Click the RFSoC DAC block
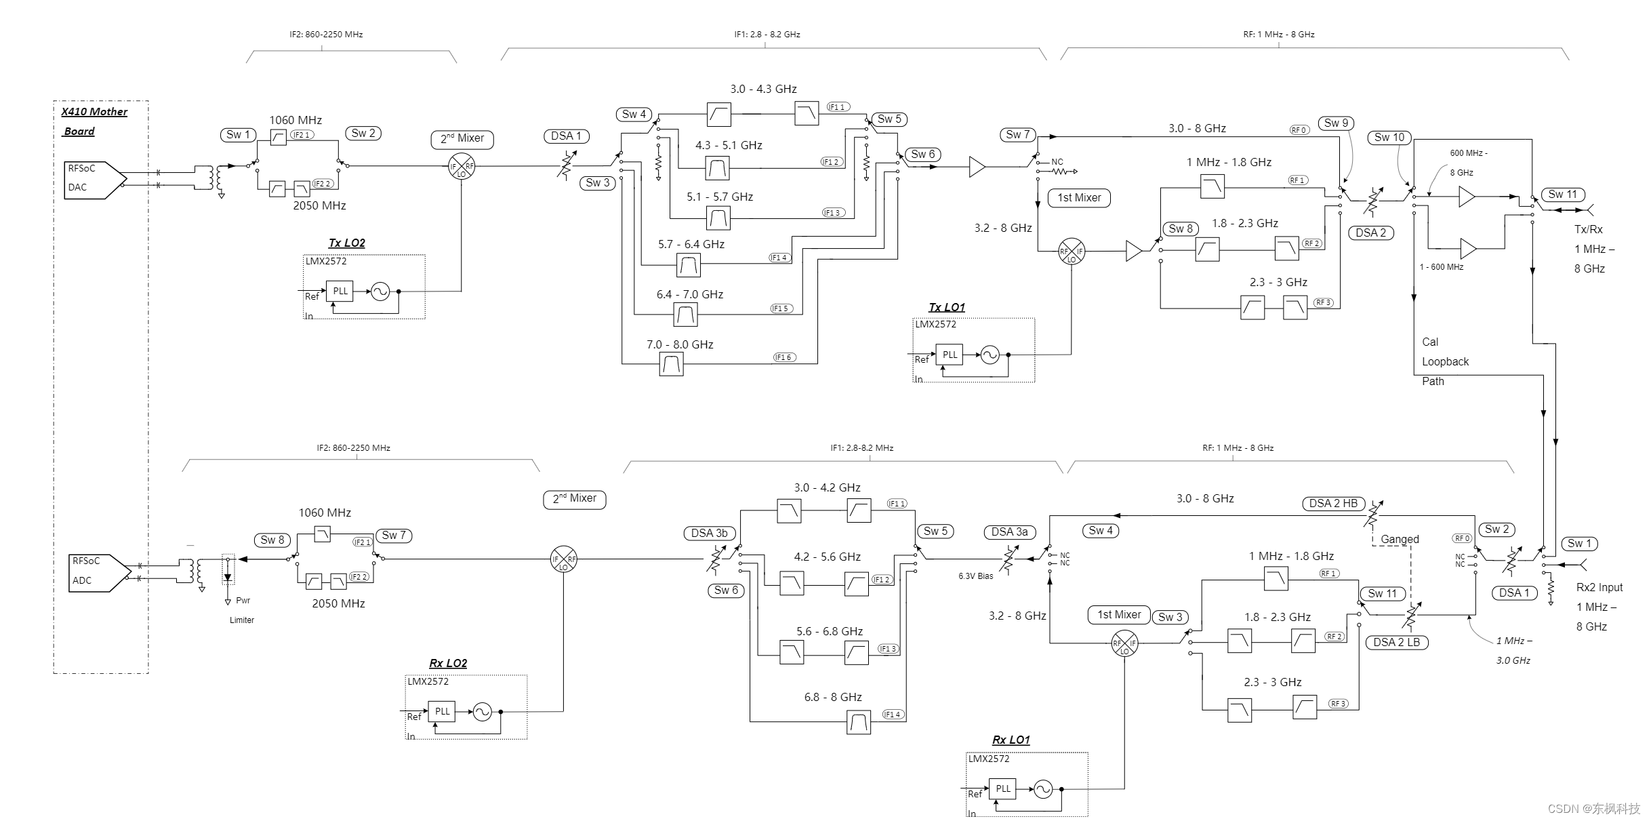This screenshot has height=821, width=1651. tap(94, 180)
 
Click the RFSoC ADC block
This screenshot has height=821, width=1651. tap(98, 572)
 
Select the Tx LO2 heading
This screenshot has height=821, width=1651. tap(346, 243)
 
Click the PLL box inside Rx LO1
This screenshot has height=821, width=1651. tap(1002, 788)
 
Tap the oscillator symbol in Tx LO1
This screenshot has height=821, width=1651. tap(990, 355)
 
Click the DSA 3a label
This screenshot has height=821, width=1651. tap(1009, 532)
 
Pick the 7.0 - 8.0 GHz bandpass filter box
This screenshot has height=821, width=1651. tap(671, 365)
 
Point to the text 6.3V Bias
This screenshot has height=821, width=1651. tap(975, 576)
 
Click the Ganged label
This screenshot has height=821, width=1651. tap(1400, 540)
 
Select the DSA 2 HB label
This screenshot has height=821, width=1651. tap(1332, 504)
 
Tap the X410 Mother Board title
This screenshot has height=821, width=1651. tap(94, 121)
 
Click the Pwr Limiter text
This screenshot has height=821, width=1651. tap(242, 610)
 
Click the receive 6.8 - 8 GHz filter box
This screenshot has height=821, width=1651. tap(859, 722)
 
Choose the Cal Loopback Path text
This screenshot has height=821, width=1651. tap(1444, 361)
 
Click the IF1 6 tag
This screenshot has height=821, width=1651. tap(784, 357)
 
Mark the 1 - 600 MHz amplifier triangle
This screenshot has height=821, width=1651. tap(1467, 249)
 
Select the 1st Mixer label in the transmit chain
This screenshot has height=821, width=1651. tap(1079, 198)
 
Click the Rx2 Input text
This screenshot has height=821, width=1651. tap(1599, 588)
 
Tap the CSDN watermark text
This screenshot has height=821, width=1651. tap(1593, 808)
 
